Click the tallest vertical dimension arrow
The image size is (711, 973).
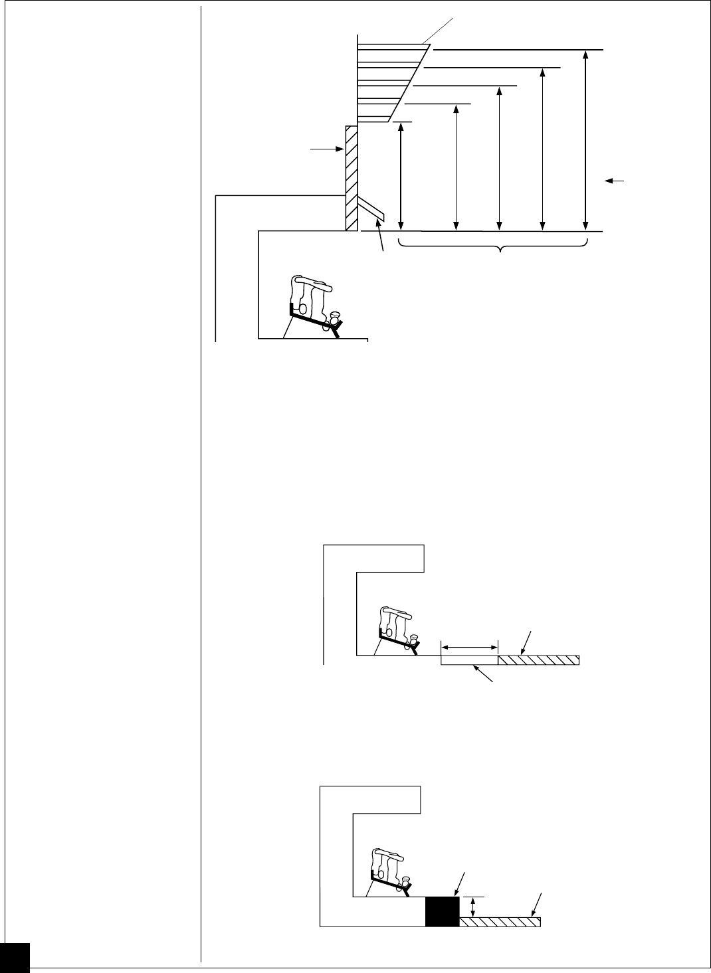tap(585, 139)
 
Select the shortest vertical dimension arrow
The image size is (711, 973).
tap(401, 176)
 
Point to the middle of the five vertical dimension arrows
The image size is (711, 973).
tap(499, 158)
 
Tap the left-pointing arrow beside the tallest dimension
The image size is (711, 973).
tap(615, 180)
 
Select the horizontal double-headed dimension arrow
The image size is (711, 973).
tap(470, 646)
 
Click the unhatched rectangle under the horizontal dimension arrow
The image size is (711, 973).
tap(470, 660)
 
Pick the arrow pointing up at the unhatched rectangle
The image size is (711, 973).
tap(484, 673)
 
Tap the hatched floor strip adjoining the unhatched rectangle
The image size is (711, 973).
tap(539, 660)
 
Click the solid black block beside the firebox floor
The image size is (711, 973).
tap(442, 911)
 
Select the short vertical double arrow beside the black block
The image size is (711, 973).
tap(473, 907)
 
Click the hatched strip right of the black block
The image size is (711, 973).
tap(500, 922)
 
